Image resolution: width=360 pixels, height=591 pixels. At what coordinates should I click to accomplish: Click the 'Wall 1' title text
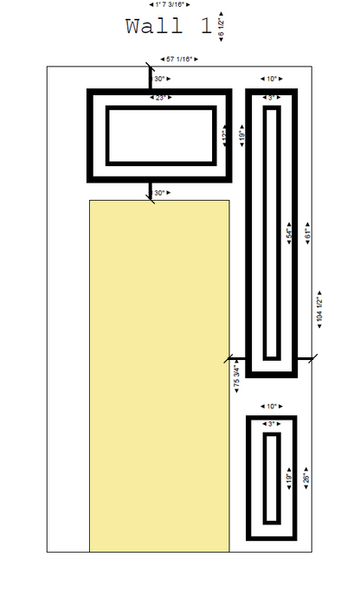[168, 26]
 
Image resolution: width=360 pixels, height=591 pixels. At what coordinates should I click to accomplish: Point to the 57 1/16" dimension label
[181, 59]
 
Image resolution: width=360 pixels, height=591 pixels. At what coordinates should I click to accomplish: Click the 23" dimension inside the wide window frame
[160, 98]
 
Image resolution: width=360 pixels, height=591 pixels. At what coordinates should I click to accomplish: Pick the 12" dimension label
[225, 136]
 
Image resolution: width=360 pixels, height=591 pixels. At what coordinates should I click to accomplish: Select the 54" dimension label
[291, 232]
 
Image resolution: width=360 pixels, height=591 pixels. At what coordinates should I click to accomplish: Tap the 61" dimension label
[307, 232]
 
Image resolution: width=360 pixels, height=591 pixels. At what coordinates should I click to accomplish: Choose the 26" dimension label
[307, 478]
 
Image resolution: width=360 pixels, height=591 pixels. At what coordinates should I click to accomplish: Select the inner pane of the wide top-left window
[160, 135]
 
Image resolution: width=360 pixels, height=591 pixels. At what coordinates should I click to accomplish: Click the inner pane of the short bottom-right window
[271, 478]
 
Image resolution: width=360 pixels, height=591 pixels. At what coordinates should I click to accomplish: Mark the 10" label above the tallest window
[272, 79]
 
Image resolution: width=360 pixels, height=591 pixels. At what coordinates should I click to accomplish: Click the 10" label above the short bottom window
[272, 406]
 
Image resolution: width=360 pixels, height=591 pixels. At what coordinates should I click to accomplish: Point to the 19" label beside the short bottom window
[291, 478]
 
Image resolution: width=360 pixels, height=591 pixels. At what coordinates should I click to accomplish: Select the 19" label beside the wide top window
[242, 136]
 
